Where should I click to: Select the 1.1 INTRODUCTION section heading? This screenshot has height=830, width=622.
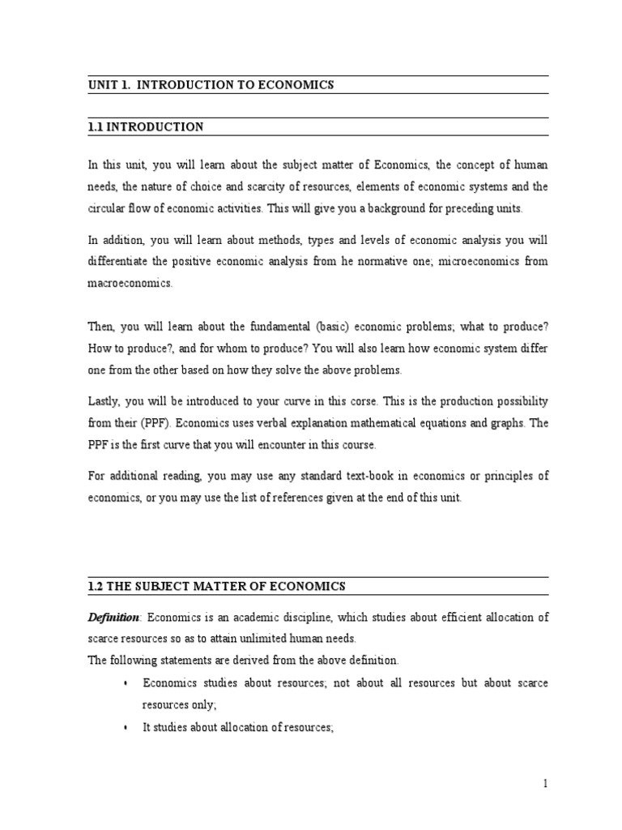146,127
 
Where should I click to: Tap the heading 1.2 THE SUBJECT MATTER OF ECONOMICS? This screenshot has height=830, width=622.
216,586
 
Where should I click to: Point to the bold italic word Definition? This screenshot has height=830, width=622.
114,618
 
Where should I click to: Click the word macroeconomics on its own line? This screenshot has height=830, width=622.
130,285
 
